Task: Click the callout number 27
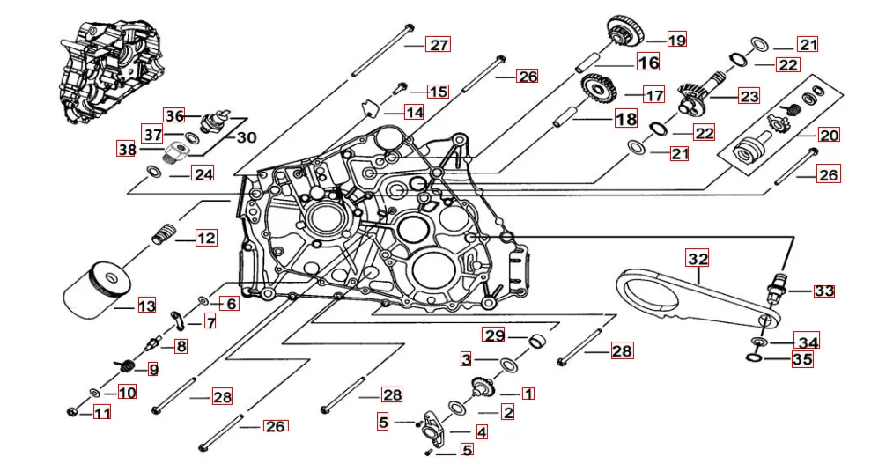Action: (x=439, y=45)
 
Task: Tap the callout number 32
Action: (x=698, y=259)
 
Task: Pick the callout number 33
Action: (x=823, y=291)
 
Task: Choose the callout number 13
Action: (x=146, y=306)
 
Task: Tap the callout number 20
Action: (x=829, y=136)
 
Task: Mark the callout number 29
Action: (x=494, y=335)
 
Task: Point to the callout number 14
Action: (x=414, y=112)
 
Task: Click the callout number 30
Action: (x=247, y=137)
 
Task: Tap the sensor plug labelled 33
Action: (x=777, y=285)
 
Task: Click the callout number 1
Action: (x=527, y=393)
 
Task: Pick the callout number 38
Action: (x=128, y=149)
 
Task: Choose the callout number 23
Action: (x=749, y=95)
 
